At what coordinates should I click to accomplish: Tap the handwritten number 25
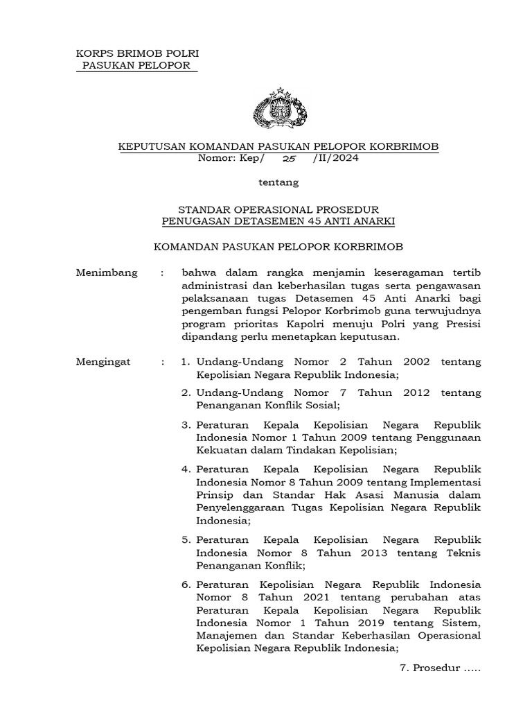[289, 158]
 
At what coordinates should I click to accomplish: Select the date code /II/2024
[336, 158]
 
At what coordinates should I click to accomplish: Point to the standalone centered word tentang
[278, 183]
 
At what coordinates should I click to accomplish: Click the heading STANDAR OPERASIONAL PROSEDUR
[278, 209]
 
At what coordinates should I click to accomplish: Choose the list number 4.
[186, 469]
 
